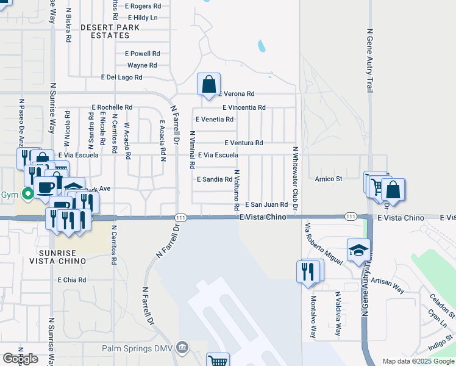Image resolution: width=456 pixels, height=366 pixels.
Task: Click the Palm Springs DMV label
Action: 137,348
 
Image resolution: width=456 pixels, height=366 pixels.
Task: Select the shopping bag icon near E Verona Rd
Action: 208,84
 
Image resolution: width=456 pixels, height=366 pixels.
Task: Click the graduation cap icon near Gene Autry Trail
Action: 358,250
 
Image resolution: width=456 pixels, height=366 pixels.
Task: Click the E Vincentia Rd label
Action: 244,107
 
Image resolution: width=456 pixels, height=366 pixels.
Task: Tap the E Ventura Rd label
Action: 243,143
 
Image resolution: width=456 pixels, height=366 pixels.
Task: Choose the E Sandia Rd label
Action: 215,179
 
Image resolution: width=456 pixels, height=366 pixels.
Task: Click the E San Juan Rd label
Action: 266,205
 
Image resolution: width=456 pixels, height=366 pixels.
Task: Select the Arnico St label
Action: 329,179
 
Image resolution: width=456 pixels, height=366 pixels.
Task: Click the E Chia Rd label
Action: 72,280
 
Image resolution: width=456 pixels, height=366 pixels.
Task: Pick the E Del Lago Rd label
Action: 121,77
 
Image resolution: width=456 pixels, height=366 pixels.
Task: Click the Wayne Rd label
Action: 142,65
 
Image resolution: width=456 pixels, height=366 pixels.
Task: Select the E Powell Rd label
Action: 142,53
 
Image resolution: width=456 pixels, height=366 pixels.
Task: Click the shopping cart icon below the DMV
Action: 218,361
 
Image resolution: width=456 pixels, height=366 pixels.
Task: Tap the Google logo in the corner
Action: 21,359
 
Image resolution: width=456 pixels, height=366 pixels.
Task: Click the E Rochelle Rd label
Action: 112,107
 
